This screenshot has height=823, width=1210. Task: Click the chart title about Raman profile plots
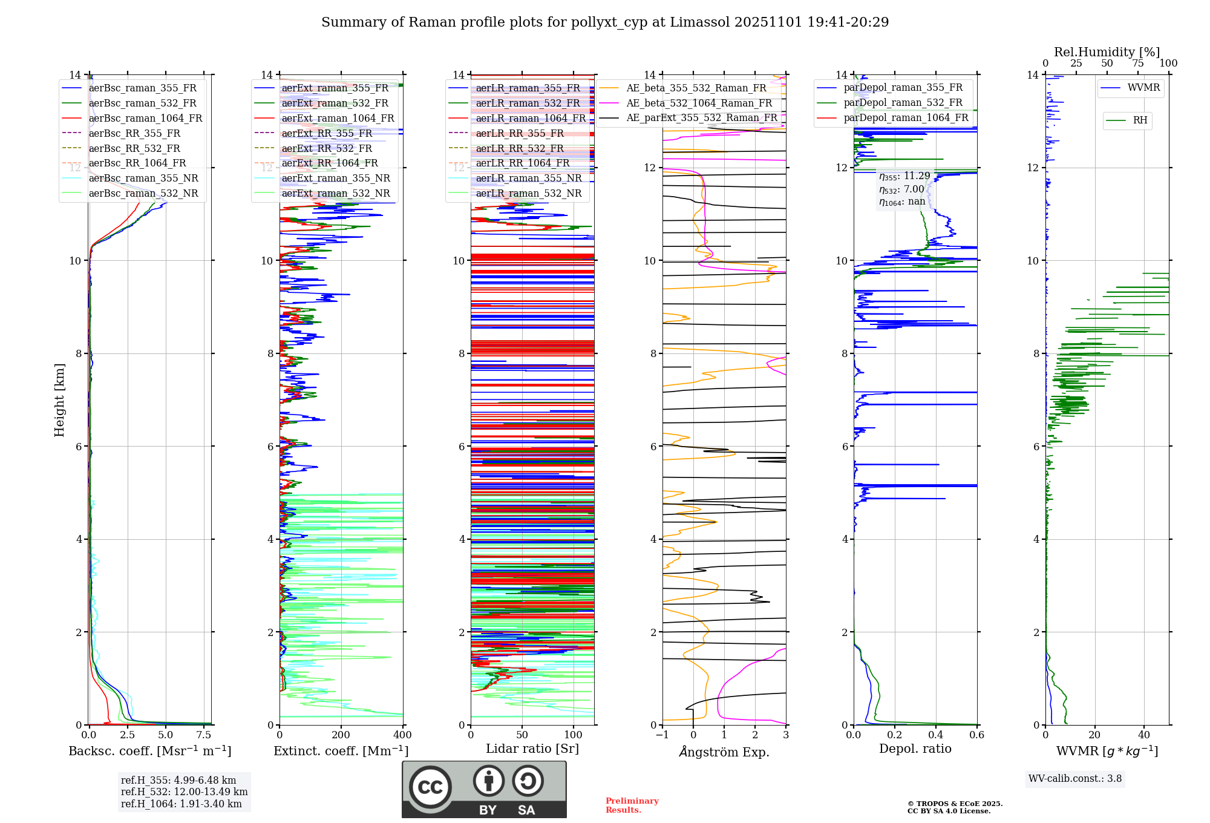pos(605,22)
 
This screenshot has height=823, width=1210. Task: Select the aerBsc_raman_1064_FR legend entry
pos(145,118)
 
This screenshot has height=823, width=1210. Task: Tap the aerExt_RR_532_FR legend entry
pos(327,148)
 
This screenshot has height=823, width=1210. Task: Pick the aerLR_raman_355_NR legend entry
pos(528,178)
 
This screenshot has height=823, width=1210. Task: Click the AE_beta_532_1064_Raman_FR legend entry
pos(699,103)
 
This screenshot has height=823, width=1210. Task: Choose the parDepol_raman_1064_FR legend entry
pos(906,117)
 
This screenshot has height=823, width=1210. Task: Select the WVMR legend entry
pos(1143,88)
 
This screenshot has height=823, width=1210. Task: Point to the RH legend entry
pos(1140,120)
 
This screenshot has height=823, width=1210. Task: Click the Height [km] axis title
pos(59,399)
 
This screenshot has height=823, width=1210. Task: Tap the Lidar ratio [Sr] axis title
pos(532,749)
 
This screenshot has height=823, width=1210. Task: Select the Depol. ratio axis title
pos(915,749)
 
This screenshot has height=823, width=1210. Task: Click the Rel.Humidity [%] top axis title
pos(1107,52)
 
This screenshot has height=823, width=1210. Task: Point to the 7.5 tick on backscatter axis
pos(204,735)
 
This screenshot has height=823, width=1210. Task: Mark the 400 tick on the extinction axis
pos(402,735)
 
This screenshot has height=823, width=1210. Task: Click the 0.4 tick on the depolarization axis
pos(936,735)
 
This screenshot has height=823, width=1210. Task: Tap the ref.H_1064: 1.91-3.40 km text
pos(181,804)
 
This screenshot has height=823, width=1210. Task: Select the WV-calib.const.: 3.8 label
pos(1075,779)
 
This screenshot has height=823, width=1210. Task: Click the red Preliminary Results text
pos(632,805)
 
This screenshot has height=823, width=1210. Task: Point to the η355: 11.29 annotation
pos(904,176)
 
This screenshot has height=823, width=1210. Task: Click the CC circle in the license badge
pos(430,787)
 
